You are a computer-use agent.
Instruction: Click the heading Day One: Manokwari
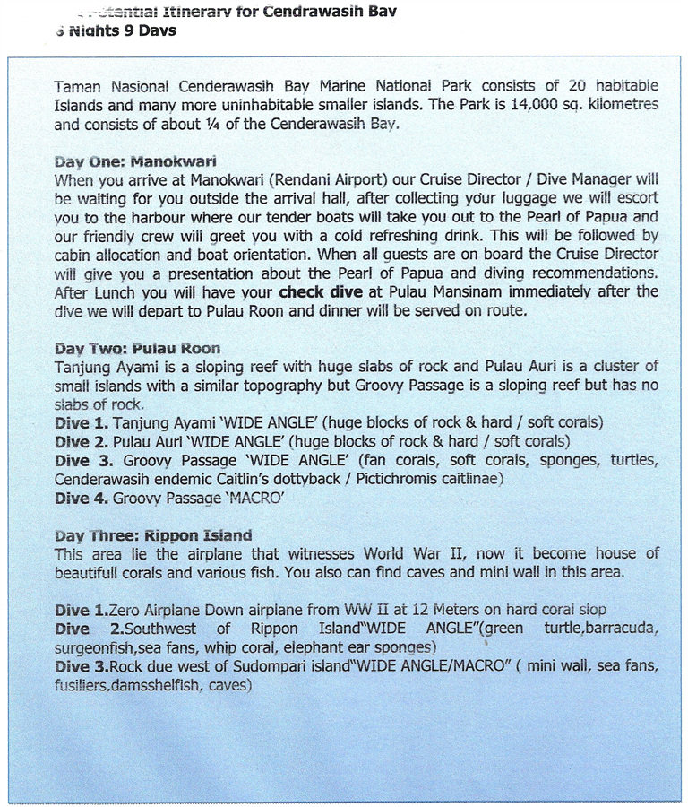pyautogui.click(x=135, y=162)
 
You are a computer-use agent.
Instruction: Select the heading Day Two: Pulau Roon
pyautogui.click(x=137, y=349)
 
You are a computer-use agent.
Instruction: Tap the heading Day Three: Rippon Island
pyautogui.click(x=153, y=535)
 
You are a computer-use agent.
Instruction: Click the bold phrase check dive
pyautogui.click(x=321, y=291)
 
